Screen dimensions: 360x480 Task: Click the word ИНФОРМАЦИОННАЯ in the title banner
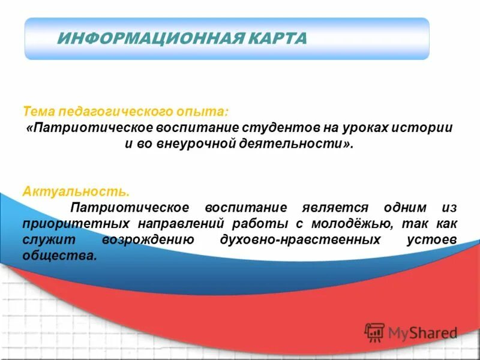[148, 38]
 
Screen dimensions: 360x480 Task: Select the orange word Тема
[38, 112]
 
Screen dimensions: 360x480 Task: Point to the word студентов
[277, 128]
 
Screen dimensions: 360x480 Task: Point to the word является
[323, 208]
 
